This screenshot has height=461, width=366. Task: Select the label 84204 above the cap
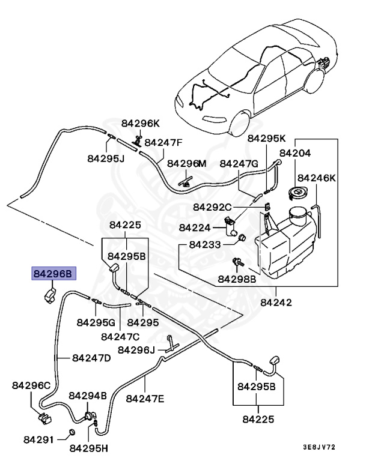point(294,153)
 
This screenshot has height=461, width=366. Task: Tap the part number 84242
point(276,303)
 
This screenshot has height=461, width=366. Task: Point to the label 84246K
point(317,178)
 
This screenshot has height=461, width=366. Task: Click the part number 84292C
point(212,207)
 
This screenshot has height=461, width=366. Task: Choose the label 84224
point(195,227)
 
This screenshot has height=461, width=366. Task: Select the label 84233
point(205,245)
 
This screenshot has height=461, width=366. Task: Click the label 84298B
point(237,279)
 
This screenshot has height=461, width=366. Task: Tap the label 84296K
point(141,123)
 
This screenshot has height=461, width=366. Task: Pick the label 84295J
point(106,158)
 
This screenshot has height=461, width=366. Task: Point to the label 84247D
point(91,358)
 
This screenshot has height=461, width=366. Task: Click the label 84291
point(39,440)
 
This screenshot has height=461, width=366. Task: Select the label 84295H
point(89,448)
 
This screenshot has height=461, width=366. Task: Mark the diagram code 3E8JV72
point(319,447)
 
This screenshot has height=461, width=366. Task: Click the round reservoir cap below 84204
point(297,193)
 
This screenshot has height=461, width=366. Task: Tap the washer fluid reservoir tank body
point(285,244)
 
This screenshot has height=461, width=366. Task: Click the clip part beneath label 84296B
point(49,295)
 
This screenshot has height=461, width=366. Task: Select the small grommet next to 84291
point(71,432)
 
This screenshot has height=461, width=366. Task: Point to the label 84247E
point(145,399)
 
